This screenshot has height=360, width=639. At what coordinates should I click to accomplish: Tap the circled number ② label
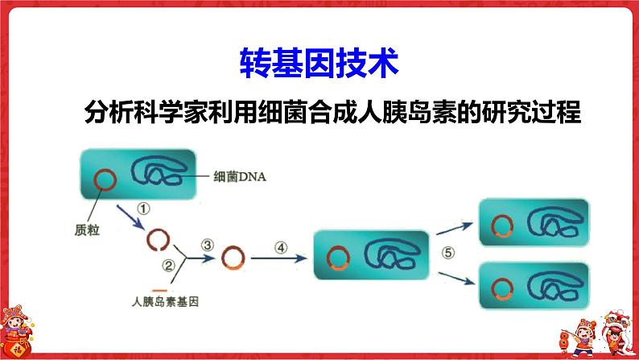pos(168,266)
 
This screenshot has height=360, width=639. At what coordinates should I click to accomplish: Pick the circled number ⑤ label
pos(448,252)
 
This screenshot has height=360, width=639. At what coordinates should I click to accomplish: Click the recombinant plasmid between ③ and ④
pos(233,258)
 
